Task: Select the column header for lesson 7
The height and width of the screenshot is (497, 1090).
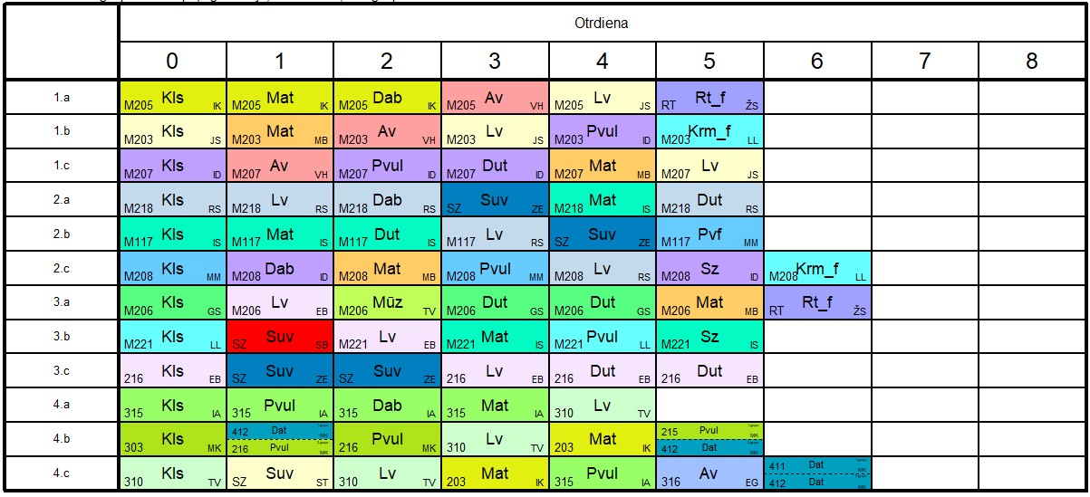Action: [x=924, y=62]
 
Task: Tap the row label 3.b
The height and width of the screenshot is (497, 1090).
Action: [x=62, y=337]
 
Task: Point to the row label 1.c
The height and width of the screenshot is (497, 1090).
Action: [x=62, y=166]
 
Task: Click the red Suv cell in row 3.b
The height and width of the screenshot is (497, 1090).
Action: [x=280, y=337]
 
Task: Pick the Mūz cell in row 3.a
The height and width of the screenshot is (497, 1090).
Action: [x=387, y=302]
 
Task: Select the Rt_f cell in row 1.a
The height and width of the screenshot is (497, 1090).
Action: [x=709, y=97]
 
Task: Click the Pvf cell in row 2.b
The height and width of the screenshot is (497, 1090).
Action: [x=709, y=234]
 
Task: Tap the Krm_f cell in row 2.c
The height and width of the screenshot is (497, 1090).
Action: [x=816, y=269]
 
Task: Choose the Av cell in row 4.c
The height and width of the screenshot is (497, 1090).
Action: [x=709, y=473]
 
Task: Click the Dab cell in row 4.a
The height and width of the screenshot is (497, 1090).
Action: [x=387, y=406]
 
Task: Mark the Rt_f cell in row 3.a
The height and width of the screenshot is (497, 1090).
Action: [x=816, y=302]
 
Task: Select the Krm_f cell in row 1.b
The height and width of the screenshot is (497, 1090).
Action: [x=709, y=131]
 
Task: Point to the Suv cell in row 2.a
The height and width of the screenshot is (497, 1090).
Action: [x=495, y=200]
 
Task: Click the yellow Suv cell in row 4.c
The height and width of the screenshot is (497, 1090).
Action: [x=280, y=473]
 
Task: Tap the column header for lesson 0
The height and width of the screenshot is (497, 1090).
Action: [x=172, y=62]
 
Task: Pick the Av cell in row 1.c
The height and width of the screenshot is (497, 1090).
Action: [x=280, y=166]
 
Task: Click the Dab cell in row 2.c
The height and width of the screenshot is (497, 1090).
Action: [x=280, y=269]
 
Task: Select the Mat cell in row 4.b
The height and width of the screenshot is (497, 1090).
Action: [x=603, y=440]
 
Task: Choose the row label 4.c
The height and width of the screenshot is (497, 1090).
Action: [x=62, y=473]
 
